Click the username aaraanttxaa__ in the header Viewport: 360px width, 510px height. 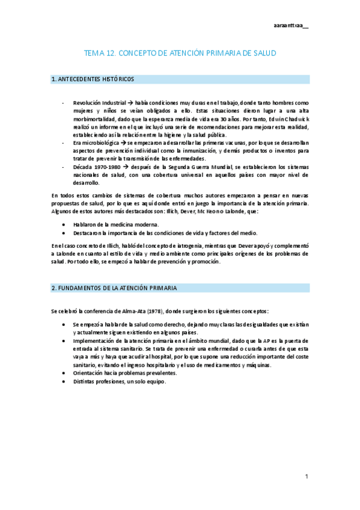pyautogui.click(x=290, y=26)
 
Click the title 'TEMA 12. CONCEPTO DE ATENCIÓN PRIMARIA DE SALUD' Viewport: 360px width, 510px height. pyautogui.click(x=180, y=54)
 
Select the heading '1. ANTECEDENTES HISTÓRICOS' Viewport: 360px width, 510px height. pyautogui.click(x=93, y=79)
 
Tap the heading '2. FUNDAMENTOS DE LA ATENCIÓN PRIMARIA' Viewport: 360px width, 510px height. pyautogui.click(x=114, y=288)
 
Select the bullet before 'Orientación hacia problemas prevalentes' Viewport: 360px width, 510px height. pyautogui.click(x=64, y=373)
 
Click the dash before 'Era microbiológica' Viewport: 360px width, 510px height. pyautogui.click(x=63, y=143)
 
